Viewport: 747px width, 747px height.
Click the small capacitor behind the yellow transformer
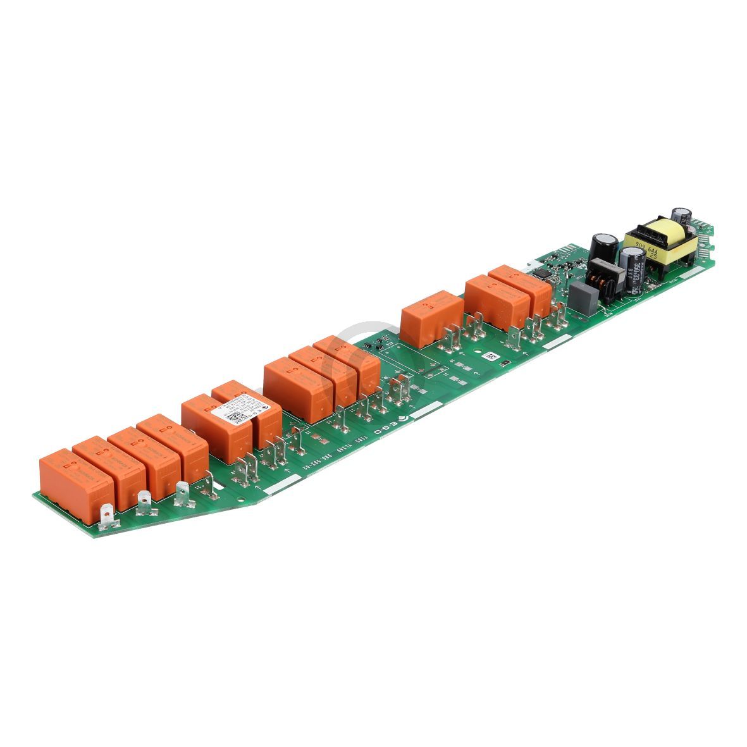coord(681,216)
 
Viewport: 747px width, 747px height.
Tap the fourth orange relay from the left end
coord(175,443)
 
